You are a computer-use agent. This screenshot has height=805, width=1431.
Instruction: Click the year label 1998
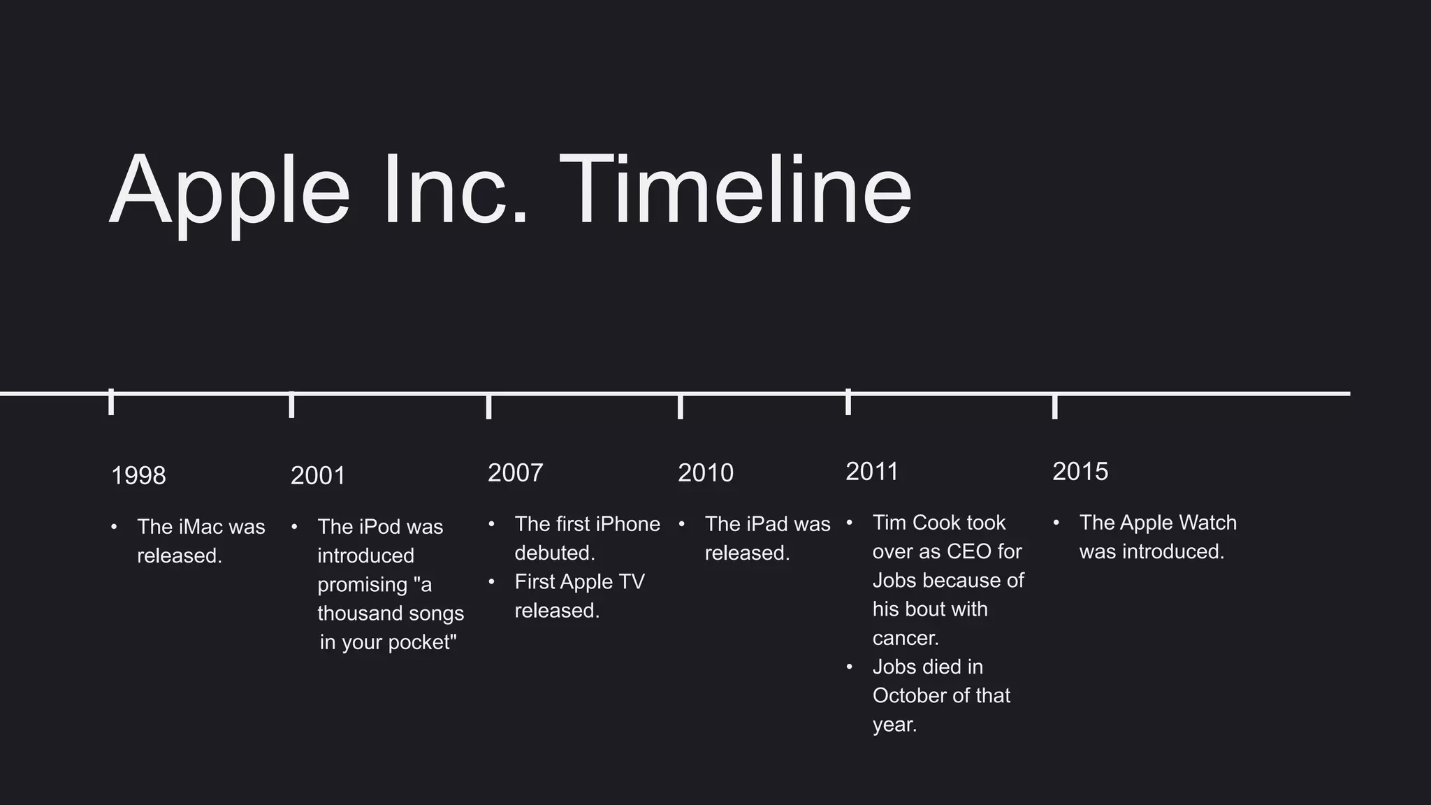pos(138,476)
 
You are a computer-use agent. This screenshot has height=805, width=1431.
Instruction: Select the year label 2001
pos(318,476)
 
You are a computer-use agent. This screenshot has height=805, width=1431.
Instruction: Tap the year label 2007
pos(515,473)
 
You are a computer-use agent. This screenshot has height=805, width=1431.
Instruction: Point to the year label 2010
pos(706,473)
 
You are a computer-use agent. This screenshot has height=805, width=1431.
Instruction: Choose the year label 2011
pos(871,472)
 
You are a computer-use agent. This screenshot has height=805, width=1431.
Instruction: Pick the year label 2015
pos(1080,472)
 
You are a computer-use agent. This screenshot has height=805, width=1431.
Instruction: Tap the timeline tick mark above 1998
pos(111,402)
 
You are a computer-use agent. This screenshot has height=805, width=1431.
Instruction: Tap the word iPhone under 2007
pos(627,524)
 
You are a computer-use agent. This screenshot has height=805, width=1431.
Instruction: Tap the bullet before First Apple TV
pos(492,581)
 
